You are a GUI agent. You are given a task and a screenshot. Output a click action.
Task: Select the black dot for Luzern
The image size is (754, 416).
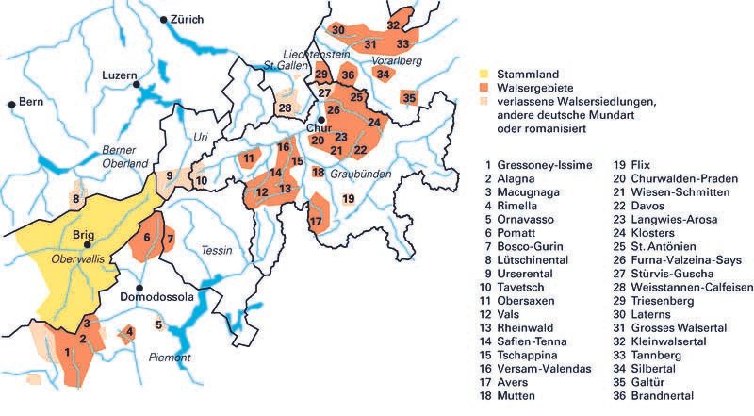pyautogui.click(x=137, y=84)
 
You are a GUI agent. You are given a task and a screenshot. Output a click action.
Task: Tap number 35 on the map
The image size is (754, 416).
pyautogui.click(x=408, y=97)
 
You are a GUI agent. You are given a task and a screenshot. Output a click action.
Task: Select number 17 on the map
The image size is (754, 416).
pyautogui.click(x=316, y=221)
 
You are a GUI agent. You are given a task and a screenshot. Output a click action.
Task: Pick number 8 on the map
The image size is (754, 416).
pyautogui.click(x=75, y=198)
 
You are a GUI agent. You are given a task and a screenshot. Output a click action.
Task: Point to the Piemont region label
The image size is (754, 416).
pyautogui.click(x=170, y=358)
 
